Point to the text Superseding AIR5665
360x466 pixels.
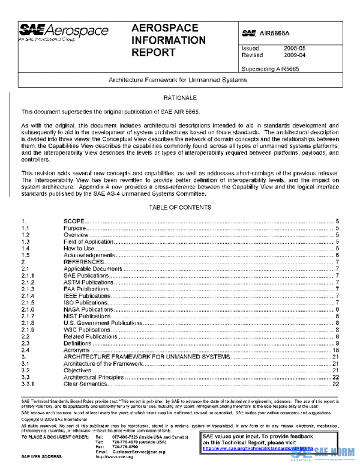coord(270,68)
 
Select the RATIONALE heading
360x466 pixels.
coord(180,97)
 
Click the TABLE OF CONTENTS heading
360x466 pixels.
coord(180,207)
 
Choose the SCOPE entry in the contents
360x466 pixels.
coord(74,222)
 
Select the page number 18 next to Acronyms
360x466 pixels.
coord(336,350)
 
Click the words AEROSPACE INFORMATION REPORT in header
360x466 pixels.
coord(168,40)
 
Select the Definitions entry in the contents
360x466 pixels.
coord(78,343)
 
